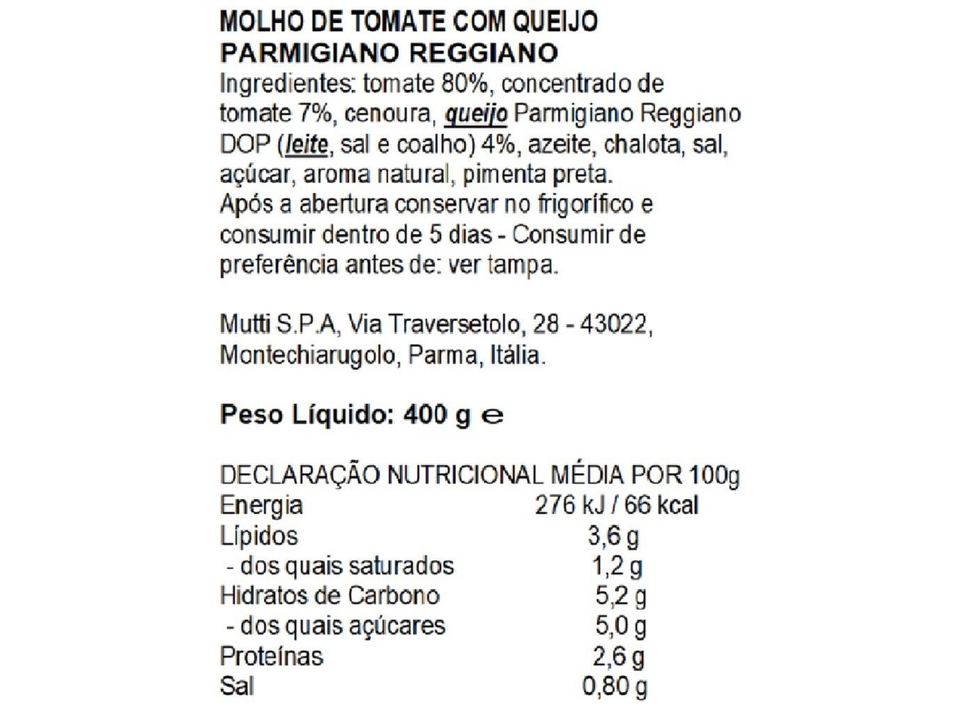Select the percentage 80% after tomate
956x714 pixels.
tap(465, 84)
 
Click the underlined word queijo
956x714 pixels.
tap(476, 114)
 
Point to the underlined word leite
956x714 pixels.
tap(306, 144)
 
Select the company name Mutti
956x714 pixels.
tap(245, 324)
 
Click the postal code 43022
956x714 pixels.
tap(615, 324)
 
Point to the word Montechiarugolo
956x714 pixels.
tap(307, 355)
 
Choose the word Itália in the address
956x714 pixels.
tap(516, 355)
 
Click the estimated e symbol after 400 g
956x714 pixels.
tap(493, 416)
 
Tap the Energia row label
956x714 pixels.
tap(261, 505)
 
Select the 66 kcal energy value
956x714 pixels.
tap(661, 505)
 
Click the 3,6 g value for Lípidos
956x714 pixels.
tap(613, 535)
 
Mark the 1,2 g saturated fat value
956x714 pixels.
tap(617, 565)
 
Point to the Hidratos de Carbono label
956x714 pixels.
tap(330, 595)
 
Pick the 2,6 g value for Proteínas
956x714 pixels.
tap(619, 656)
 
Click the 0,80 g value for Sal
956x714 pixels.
tap(615, 686)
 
